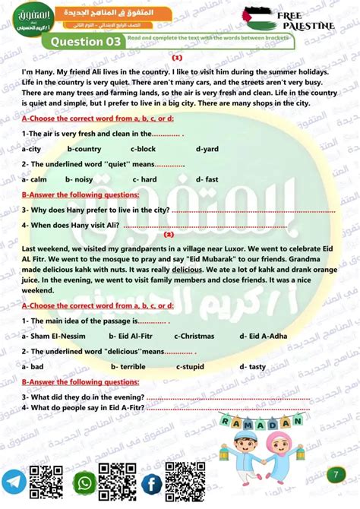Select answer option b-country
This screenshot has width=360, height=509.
(84, 149)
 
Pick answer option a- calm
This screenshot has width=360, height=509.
(35, 179)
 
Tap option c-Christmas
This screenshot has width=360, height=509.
(194, 335)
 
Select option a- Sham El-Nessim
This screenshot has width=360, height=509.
(50, 335)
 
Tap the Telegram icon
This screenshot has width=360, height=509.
(14, 482)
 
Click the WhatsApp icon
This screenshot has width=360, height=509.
(84, 482)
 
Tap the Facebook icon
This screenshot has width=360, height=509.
(151, 482)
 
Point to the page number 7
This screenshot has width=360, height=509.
(335, 475)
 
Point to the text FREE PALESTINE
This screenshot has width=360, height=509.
(305, 21)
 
